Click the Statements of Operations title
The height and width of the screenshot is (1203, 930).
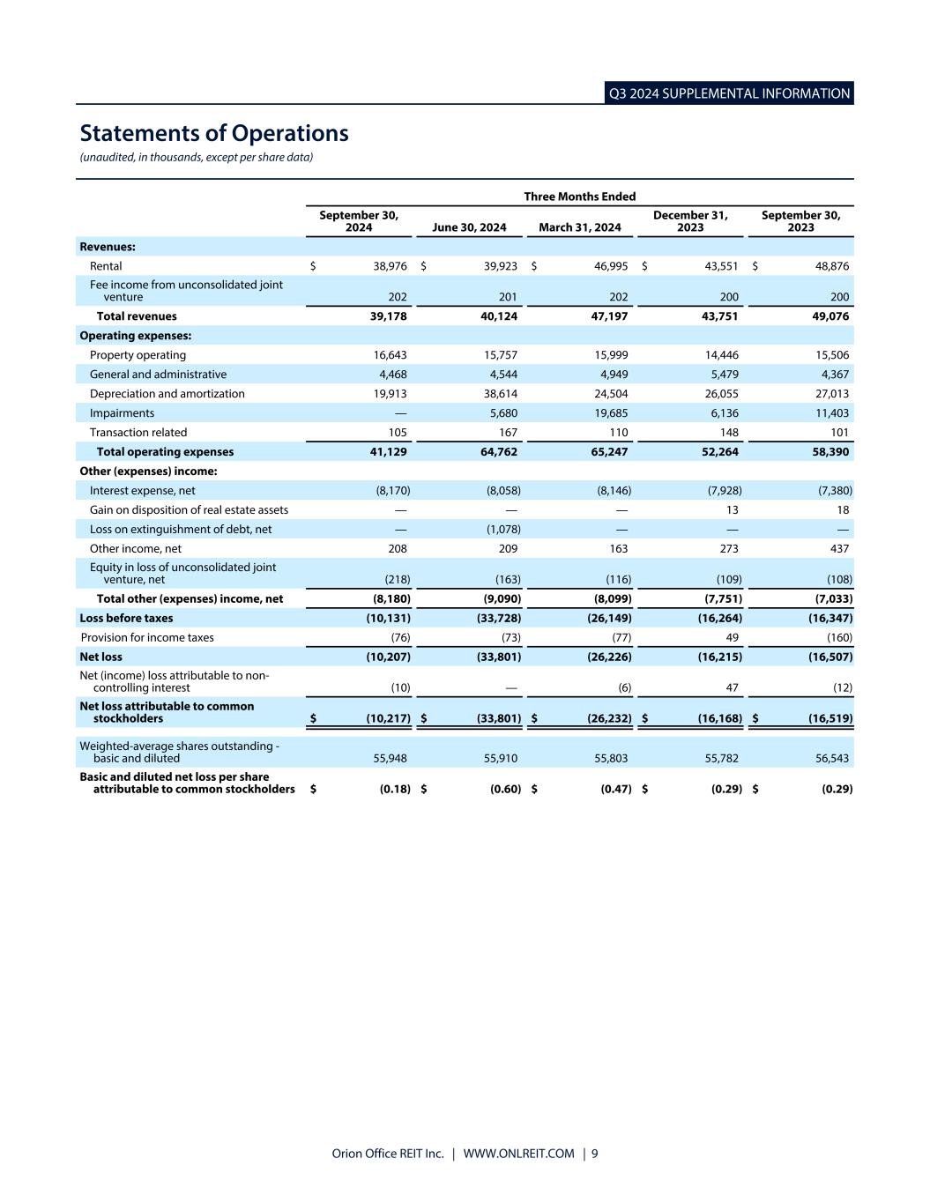click(x=214, y=133)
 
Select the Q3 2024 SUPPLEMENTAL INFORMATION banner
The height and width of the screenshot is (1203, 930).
click(x=729, y=93)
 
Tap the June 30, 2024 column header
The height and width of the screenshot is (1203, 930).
click(x=469, y=227)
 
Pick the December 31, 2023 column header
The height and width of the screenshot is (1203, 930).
click(x=690, y=221)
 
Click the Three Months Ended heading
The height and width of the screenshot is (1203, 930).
click(x=579, y=197)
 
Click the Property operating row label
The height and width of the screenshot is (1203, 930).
click(x=138, y=355)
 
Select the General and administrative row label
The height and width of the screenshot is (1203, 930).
click(x=158, y=375)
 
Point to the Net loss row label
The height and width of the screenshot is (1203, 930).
click(x=100, y=657)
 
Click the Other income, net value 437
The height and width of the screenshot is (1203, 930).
click(x=839, y=548)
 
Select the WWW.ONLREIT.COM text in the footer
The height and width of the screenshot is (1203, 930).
click(x=518, y=1154)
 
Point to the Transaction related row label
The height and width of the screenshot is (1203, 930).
click(x=138, y=433)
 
